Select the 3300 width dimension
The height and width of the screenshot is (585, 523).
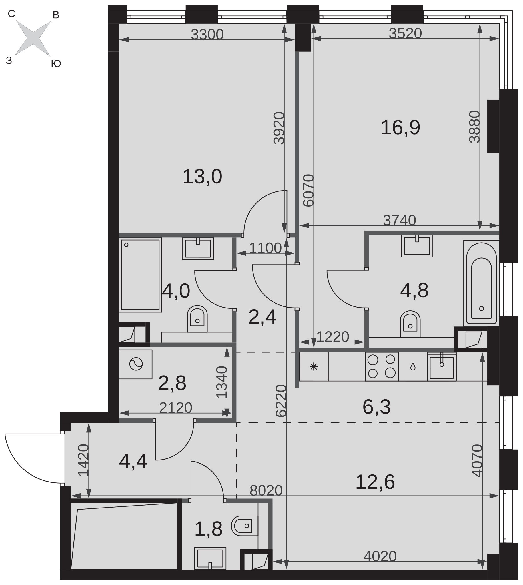pyautogui.click(x=207, y=35)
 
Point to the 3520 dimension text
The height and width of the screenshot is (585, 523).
pyautogui.click(x=405, y=33)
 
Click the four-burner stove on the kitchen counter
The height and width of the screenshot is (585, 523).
pyautogui.click(x=382, y=366)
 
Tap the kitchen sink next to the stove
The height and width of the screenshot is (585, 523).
pyautogui.click(x=442, y=368)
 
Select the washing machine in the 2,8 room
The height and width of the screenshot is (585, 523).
pyautogui.click(x=136, y=364)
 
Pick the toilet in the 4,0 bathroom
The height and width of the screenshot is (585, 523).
pyautogui.click(x=197, y=319)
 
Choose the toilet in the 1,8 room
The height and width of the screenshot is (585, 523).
pyautogui.click(x=245, y=526)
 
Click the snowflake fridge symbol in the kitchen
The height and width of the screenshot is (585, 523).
pyautogui.click(x=314, y=367)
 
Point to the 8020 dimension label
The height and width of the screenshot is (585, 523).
pyautogui.click(x=266, y=490)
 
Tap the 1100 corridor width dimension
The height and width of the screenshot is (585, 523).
pyautogui.click(x=265, y=248)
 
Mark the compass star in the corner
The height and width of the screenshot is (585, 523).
pyautogui.click(x=33, y=38)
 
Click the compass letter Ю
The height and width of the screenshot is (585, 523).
pyautogui.click(x=56, y=63)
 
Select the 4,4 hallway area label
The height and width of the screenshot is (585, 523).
pyautogui.click(x=133, y=461)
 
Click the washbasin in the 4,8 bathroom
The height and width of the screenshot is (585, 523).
pyautogui.click(x=417, y=246)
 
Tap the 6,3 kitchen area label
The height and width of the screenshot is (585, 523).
pyautogui.click(x=376, y=407)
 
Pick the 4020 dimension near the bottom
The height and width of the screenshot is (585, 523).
pyautogui.click(x=380, y=556)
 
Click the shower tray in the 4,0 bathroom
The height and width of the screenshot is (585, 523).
pyautogui.click(x=140, y=275)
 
